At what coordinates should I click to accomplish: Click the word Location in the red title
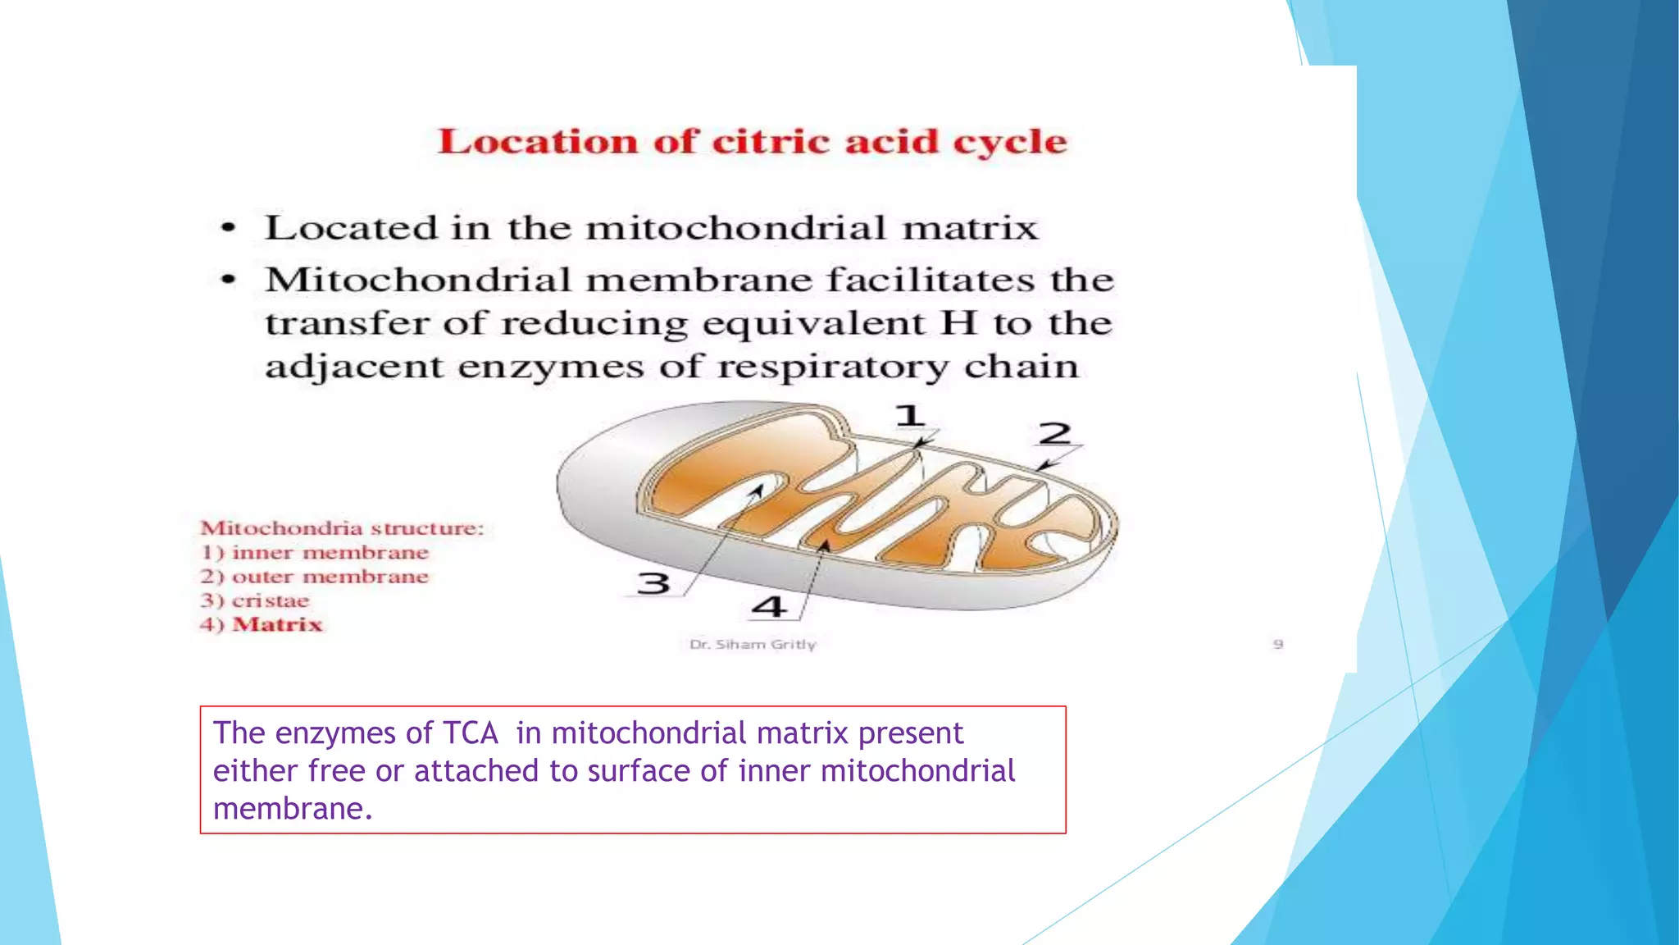(x=538, y=142)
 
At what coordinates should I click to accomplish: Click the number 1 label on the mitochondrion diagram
(x=909, y=416)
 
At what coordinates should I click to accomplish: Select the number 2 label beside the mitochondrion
(x=1054, y=433)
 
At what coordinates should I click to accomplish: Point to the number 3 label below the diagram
(x=653, y=584)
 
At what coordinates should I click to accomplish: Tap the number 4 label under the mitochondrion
(x=769, y=608)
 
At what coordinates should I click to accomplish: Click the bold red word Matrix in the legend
(x=278, y=624)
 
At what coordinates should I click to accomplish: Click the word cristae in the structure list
(x=271, y=600)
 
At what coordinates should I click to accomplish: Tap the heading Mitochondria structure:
(x=343, y=528)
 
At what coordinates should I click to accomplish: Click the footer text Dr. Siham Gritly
(x=753, y=645)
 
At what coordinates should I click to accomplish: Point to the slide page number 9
(x=1277, y=645)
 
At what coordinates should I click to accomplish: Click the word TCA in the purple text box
(x=470, y=733)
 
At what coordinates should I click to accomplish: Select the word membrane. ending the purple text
(x=293, y=809)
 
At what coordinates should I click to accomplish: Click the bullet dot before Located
(x=229, y=228)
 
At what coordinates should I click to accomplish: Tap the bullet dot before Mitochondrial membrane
(x=229, y=281)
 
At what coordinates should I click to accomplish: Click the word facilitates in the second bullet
(x=931, y=281)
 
